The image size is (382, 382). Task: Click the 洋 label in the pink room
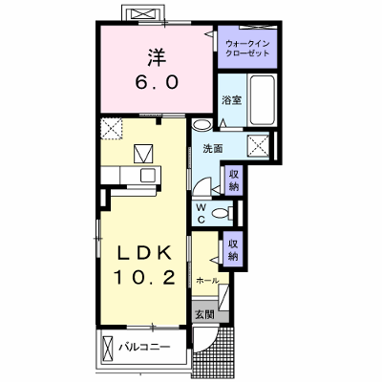157,57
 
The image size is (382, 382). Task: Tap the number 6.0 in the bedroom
157,83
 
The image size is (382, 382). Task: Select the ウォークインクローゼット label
247,49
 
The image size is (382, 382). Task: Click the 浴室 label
232,100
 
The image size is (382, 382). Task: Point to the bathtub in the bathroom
262,100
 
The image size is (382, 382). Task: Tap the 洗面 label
213,149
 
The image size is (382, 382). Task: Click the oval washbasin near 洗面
202,124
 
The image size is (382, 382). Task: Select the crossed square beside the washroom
258,146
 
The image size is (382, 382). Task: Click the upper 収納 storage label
234,180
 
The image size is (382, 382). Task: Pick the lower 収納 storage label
233,250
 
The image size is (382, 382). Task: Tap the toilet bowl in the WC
221,213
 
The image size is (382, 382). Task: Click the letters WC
201,214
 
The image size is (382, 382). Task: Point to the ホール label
207,281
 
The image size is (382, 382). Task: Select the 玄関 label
204,315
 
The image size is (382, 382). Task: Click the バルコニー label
144,347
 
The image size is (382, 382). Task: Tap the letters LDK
145,254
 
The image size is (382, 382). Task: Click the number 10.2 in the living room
144,277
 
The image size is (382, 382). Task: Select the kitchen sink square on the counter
148,176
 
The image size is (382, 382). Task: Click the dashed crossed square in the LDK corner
112,128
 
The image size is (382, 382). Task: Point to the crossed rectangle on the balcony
108,347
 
